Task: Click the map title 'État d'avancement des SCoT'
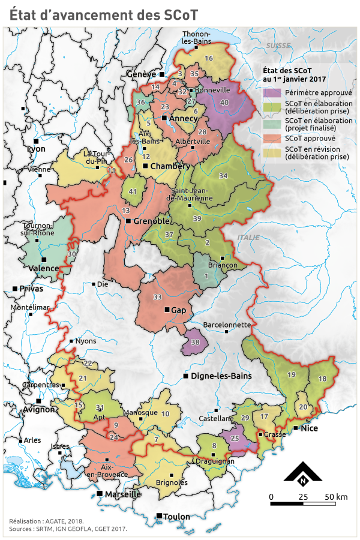point(103,15)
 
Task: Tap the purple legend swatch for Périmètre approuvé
point(272,93)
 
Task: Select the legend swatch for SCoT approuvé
point(272,137)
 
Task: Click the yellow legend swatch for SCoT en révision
point(272,152)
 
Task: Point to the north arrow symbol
point(304,474)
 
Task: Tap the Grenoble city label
point(151,221)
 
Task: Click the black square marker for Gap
point(167,310)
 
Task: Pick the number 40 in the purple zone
point(224,103)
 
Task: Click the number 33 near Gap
point(158,297)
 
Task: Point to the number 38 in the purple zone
point(195,342)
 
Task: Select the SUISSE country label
point(278,46)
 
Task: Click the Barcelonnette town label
point(227,325)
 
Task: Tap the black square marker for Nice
point(296,428)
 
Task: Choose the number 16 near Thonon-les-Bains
point(209,58)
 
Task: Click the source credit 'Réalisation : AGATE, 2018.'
point(47,521)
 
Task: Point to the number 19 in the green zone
point(292,374)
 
